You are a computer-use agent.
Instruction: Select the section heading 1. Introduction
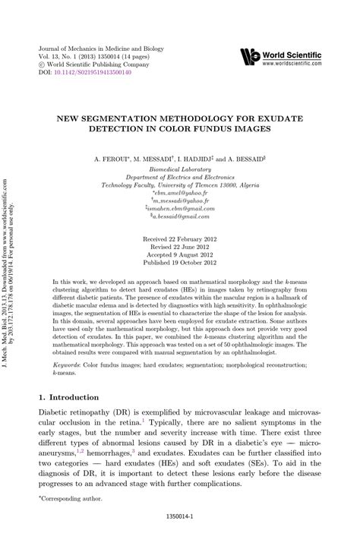tap(68, 397)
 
